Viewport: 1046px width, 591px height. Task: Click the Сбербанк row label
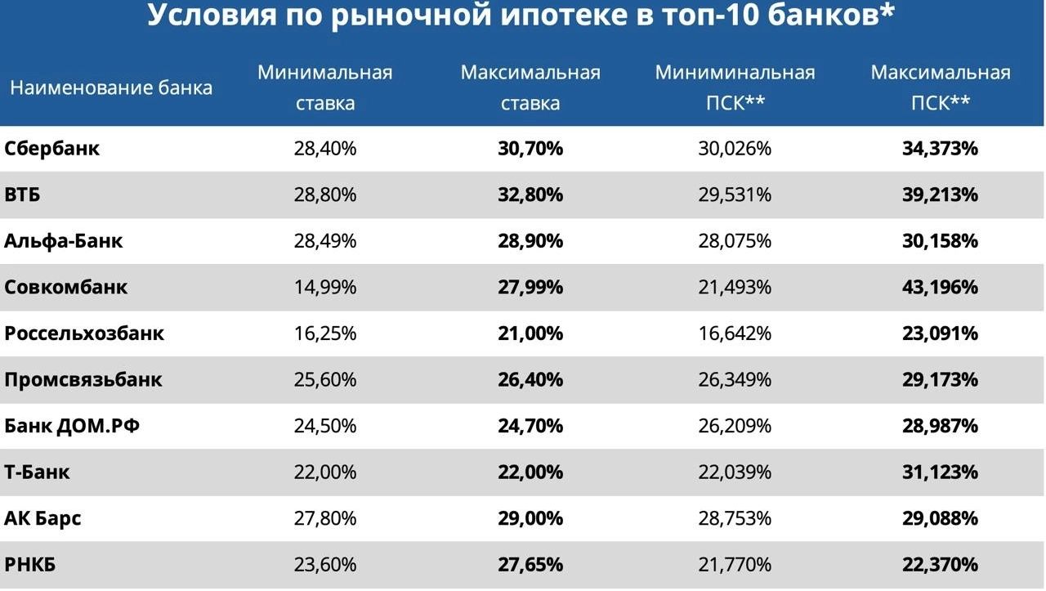[52, 149]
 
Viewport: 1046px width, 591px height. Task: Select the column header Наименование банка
[111, 87]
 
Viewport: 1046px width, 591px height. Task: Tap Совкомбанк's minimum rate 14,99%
[325, 287]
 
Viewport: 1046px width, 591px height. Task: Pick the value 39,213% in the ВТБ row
[940, 195]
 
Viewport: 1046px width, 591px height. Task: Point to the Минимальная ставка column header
[325, 87]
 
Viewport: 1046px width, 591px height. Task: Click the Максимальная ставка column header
[530, 87]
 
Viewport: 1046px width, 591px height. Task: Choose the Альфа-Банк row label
[64, 241]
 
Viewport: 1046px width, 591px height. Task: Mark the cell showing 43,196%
[940, 287]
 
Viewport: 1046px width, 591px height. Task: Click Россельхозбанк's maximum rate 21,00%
[530, 334]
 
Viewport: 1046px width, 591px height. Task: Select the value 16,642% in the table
[735, 334]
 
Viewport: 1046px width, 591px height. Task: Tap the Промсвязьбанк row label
[83, 379]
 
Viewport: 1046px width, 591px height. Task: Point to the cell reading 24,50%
[325, 426]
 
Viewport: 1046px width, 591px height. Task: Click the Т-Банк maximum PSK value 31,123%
[940, 472]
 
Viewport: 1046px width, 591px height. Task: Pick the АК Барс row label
[42, 518]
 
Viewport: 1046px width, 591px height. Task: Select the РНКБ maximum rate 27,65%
[530, 564]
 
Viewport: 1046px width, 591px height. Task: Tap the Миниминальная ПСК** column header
[735, 87]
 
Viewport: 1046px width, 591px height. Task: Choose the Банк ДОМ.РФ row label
[72, 426]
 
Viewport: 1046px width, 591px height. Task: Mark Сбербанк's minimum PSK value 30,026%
[735, 149]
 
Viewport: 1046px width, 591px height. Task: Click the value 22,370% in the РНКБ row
[940, 564]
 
